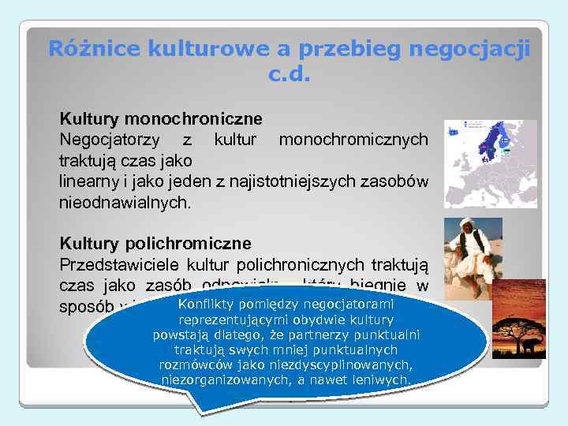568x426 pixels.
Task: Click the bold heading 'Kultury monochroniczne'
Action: (161, 119)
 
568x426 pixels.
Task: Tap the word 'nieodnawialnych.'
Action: (125, 202)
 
